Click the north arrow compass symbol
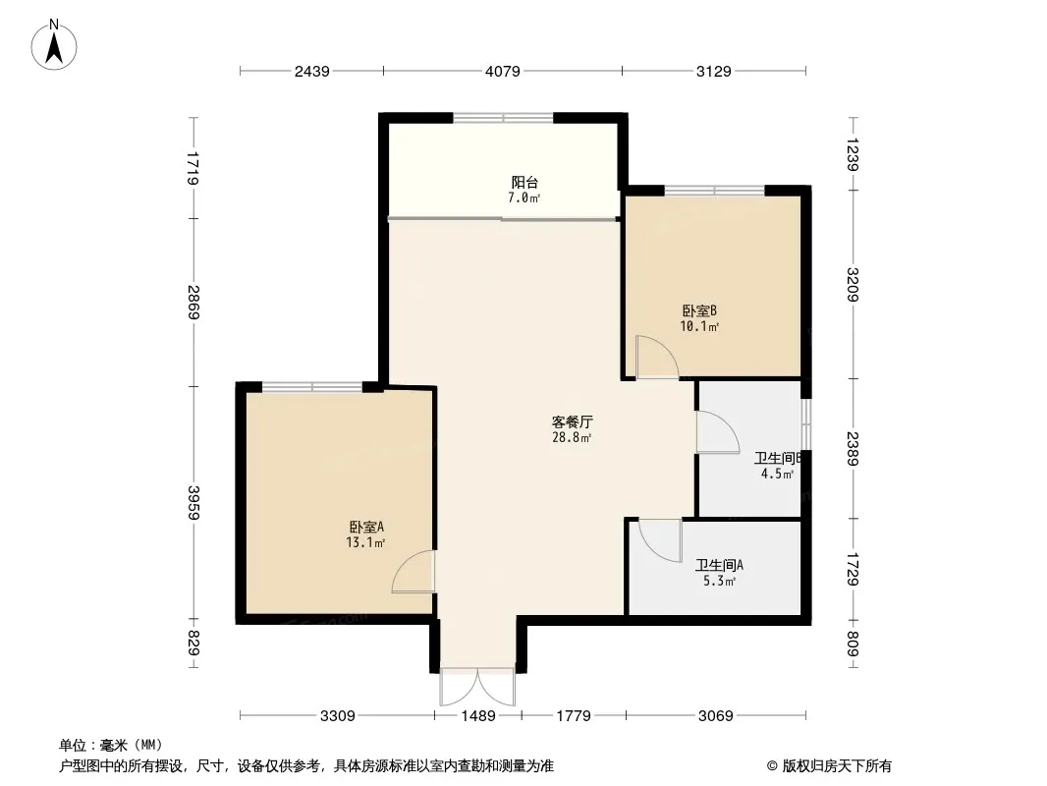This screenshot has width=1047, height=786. coord(54,45)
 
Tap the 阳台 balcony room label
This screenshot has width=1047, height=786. coord(524,183)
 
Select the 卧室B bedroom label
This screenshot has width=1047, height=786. coord(699,311)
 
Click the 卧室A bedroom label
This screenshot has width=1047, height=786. coord(366,527)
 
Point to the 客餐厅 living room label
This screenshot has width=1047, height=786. coord(572,422)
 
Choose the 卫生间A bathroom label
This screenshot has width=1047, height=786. coord(719,566)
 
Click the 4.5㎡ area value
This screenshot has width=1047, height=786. coord(777,475)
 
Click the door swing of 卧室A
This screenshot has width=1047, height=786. coord(413,572)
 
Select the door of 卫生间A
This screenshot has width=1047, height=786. coord(660,540)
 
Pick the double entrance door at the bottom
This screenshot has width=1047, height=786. coord(477,686)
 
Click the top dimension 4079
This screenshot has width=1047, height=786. coord(503,71)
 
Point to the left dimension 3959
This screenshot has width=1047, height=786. coord(193,502)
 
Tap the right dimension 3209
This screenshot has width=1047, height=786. coord(853,285)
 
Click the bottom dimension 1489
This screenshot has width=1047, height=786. coord(478,716)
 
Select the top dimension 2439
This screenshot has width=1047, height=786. coord(311,71)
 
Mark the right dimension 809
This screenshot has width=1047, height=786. coord(853,644)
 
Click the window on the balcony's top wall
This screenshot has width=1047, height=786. coord(504,118)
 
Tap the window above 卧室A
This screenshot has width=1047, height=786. coord(311,387)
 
